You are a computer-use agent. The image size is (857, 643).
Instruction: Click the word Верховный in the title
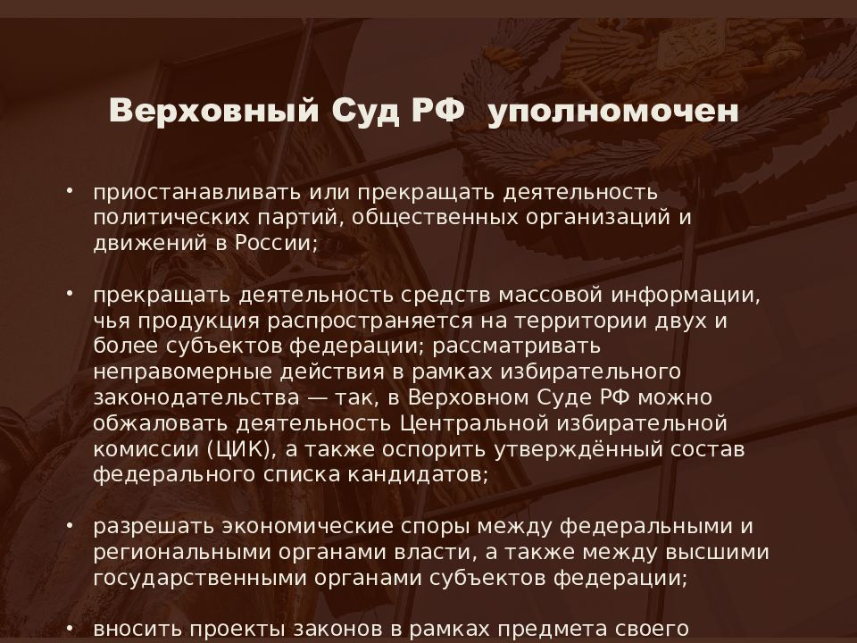213,111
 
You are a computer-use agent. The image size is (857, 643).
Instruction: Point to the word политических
171,218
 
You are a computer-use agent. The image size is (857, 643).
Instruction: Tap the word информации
686,296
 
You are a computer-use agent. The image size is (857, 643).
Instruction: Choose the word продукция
198,321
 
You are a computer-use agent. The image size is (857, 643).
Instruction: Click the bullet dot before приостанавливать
70,191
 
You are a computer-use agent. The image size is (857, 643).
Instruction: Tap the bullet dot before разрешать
70,524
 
